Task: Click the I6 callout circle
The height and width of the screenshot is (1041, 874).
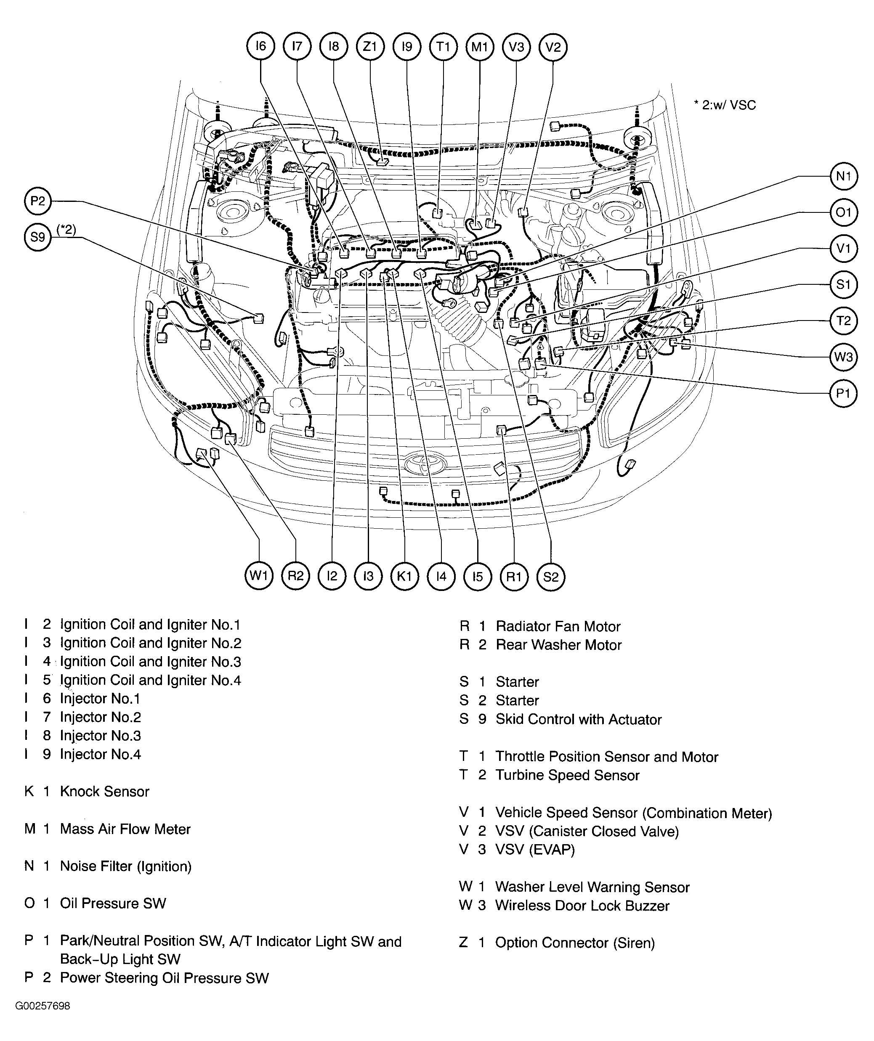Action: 260,47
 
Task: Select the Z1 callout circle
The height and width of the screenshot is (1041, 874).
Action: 370,47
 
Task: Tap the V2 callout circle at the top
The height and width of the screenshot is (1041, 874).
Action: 553,47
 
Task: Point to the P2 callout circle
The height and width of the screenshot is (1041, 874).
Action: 38,201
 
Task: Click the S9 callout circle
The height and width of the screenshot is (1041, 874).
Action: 38,237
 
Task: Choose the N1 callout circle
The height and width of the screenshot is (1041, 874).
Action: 843,176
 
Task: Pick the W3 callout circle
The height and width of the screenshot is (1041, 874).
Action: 843,357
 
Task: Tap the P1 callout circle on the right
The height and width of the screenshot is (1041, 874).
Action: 843,394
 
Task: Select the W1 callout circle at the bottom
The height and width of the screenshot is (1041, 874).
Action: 259,576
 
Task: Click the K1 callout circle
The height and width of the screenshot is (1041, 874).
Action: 405,576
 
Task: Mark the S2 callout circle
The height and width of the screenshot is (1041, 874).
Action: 550,577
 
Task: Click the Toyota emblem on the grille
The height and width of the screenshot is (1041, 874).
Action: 425,464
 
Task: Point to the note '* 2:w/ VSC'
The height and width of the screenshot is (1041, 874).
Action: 725,105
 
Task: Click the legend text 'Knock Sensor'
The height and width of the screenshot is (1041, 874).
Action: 104,792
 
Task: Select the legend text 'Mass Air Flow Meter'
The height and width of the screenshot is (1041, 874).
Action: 125,829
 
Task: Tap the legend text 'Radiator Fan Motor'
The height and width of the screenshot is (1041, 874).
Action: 558,627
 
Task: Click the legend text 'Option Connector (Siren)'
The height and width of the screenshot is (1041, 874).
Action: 574,943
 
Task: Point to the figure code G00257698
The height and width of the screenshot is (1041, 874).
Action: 43,1006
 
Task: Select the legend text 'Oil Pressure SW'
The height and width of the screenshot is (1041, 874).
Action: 113,903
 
